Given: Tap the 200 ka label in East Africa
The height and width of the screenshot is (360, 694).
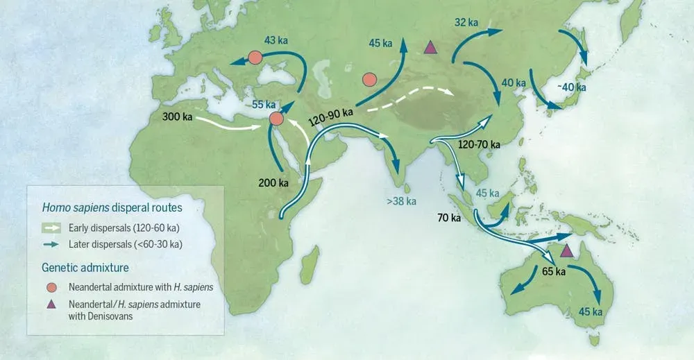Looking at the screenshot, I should click(x=273, y=183).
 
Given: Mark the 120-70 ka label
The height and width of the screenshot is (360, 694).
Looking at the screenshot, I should click(x=480, y=144).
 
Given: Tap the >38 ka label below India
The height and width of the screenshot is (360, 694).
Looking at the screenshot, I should click(x=401, y=202).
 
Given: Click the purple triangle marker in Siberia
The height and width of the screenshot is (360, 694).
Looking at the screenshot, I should click(x=430, y=47).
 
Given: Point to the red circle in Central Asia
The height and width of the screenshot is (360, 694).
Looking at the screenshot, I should click(x=370, y=80).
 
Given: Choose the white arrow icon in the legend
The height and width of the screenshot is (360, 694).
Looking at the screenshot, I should click(x=52, y=227).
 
